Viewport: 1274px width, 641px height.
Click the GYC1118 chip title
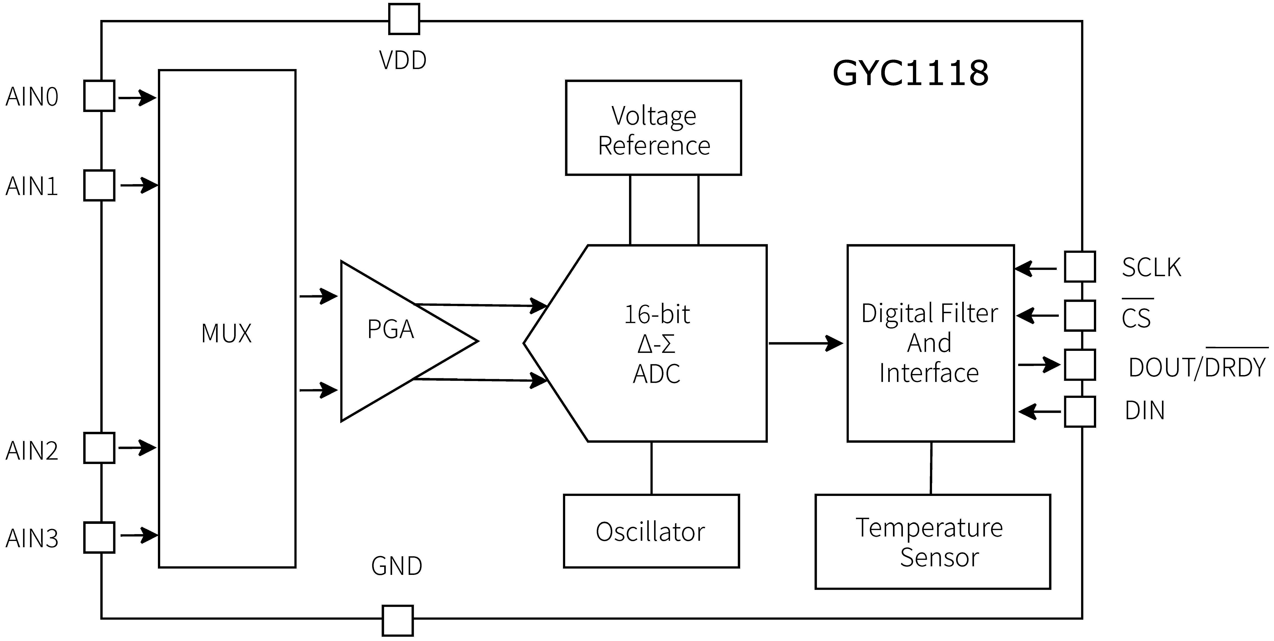pos(911,73)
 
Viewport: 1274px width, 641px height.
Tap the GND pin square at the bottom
pos(398,620)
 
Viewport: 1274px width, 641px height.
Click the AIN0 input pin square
pos(99,96)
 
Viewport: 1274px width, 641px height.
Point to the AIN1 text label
pos(32,186)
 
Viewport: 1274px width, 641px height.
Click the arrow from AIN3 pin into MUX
pos(139,535)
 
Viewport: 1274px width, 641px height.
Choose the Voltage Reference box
pos(653,128)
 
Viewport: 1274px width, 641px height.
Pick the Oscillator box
pos(651,531)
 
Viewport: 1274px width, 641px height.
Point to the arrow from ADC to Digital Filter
pos(806,343)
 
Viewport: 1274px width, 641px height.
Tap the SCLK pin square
pos(1080,266)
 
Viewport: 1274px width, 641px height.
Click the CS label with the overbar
pos(1136,318)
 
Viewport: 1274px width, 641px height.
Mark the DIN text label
pos(1144,410)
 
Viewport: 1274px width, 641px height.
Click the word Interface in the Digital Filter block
pos(929,373)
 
